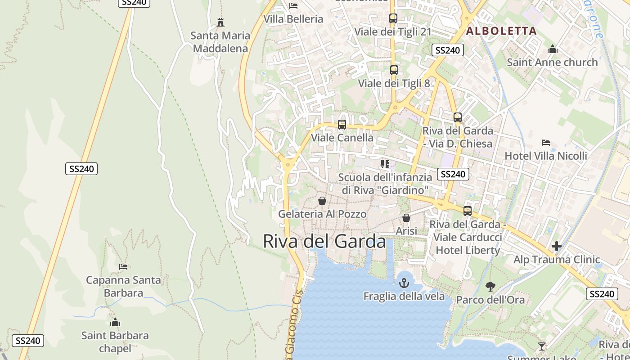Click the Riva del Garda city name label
point(324,242)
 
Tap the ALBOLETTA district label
point(501,31)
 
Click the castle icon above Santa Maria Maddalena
point(220,22)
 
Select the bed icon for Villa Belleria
point(293,6)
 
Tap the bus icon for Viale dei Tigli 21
point(393,18)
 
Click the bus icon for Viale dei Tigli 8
point(394,70)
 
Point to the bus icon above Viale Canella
point(342,125)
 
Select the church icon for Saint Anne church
point(553,49)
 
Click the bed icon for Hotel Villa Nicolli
point(546,143)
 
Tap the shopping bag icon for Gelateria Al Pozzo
point(322,201)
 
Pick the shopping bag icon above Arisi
point(406,218)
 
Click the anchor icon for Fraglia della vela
point(404,283)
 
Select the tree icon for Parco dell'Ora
point(490,286)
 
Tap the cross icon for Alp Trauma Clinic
point(557,246)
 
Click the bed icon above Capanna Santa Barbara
point(123,267)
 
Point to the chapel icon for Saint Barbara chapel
point(115,322)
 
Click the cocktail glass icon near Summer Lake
point(542,346)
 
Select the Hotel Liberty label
point(468,250)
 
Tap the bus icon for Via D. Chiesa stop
point(458,117)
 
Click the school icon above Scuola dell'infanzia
point(385,164)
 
